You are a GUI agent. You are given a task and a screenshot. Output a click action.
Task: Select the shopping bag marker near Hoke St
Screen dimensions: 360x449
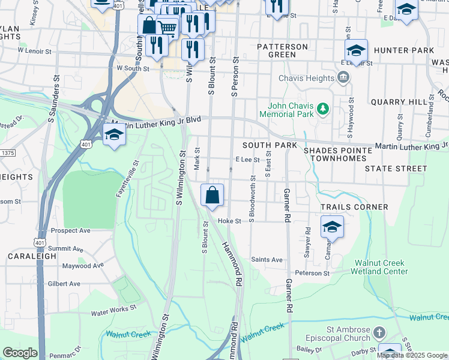pyautogui.click(x=212, y=195)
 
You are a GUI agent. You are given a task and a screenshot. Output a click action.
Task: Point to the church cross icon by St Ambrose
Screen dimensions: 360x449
pyautogui.click(x=379, y=332)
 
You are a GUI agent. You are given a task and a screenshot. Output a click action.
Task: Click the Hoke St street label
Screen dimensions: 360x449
pyautogui.click(x=229, y=221)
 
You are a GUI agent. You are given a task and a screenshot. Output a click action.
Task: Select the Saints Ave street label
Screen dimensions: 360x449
pyautogui.click(x=267, y=260)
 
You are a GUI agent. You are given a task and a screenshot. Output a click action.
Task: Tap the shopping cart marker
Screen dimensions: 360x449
pyautogui.click(x=168, y=27)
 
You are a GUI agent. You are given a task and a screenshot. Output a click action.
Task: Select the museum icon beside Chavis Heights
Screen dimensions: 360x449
pyautogui.click(x=343, y=77)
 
